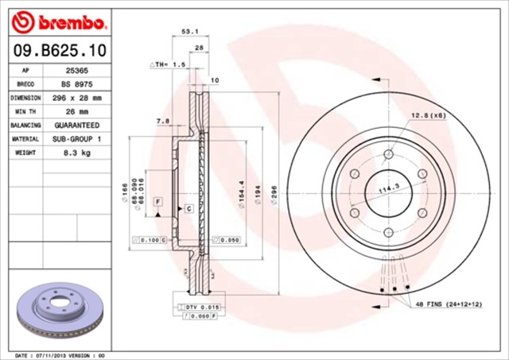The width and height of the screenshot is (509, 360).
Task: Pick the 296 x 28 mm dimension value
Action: coord(76,98)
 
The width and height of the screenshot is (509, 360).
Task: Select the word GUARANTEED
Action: coord(76,126)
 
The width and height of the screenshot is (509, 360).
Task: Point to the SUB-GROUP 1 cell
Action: coord(76,139)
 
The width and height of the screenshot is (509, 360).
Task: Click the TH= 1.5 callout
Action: coord(168,63)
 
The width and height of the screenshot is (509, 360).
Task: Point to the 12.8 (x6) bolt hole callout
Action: coord(428,116)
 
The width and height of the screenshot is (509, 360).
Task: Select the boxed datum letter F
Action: coord(158,203)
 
